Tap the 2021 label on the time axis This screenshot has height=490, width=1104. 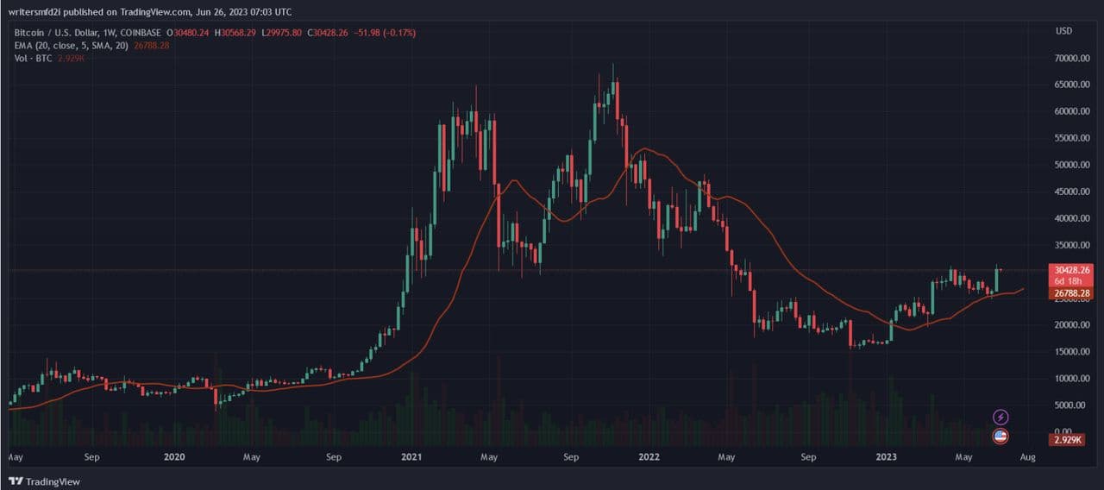(412, 456)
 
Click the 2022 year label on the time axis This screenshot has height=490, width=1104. (647, 456)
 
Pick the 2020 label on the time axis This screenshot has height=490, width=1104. (174, 456)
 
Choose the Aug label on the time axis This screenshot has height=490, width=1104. (1027, 456)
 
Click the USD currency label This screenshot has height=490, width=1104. (1063, 31)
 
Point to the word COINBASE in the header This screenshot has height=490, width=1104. (145, 32)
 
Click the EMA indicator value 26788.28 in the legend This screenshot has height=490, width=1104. (147, 45)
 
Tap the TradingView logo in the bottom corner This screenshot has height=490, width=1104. (45, 481)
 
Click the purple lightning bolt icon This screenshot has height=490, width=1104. (1000, 418)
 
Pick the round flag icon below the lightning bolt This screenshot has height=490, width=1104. (1000, 436)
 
